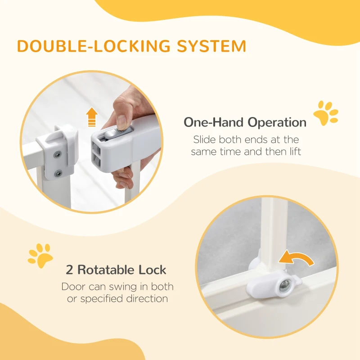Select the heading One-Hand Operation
[245, 122]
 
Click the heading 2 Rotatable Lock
[116, 270]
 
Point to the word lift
[292, 152]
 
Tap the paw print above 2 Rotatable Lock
[40, 255]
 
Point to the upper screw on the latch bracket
[58, 154]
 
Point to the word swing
[123, 287]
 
